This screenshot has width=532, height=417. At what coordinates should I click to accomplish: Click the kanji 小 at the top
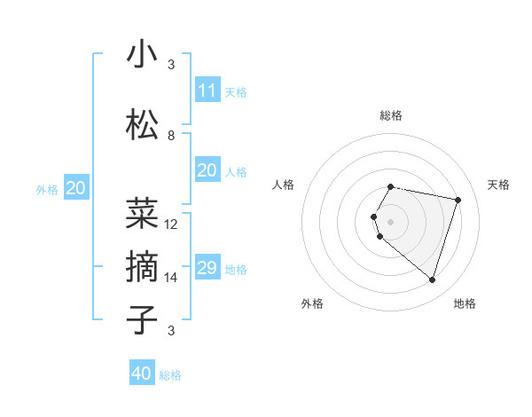(x=142, y=55)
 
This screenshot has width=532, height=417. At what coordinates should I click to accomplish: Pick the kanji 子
(x=142, y=320)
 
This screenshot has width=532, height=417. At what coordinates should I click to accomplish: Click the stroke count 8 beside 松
(x=171, y=136)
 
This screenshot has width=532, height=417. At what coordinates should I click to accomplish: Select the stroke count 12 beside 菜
(x=171, y=224)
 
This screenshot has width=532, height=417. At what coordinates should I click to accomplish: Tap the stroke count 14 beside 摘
(x=171, y=278)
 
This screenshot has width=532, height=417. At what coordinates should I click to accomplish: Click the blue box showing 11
(x=207, y=90)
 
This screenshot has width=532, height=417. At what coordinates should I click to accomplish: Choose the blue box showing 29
(x=207, y=268)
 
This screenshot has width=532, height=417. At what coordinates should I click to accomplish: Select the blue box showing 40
(x=142, y=374)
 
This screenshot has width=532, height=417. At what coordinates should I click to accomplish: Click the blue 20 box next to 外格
(x=76, y=188)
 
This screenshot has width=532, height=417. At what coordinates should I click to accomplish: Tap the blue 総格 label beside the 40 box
(x=170, y=375)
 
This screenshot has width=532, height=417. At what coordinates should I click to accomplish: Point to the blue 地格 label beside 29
(x=237, y=270)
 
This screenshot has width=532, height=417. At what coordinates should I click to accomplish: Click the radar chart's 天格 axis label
(x=498, y=185)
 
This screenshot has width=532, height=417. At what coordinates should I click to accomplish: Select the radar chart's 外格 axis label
(x=312, y=304)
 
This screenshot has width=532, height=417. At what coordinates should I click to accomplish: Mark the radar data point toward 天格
(x=458, y=200)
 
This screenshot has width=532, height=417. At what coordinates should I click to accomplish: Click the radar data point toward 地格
(x=432, y=279)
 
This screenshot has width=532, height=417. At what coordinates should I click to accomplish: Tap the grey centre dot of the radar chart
(x=390, y=221)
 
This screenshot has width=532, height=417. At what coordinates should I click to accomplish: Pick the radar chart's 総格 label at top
(x=390, y=115)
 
